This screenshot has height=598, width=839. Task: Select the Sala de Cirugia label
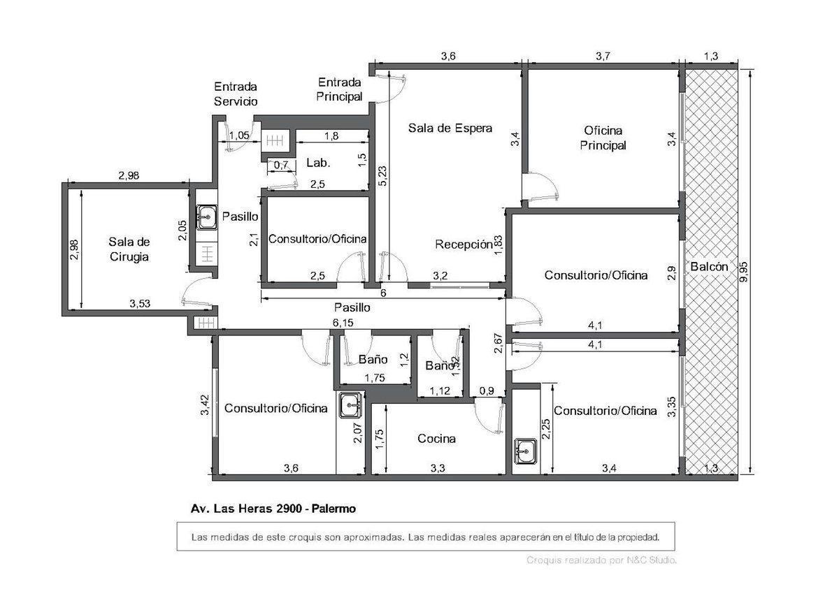point(129,249)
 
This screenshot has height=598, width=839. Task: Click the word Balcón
point(708,266)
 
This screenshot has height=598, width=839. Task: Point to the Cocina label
point(436,439)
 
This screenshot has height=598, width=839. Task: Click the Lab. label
point(318,163)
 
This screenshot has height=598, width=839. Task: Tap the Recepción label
point(464,244)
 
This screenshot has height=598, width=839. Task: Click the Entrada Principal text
point(339,89)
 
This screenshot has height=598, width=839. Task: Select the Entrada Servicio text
point(236,94)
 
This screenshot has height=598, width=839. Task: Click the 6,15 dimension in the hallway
point(342,323)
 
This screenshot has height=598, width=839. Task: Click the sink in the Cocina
point(349,404)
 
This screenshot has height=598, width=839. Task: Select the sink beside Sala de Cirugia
point(205,217)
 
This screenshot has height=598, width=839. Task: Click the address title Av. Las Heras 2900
point(273,509)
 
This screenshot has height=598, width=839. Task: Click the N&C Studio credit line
point(602,560)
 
